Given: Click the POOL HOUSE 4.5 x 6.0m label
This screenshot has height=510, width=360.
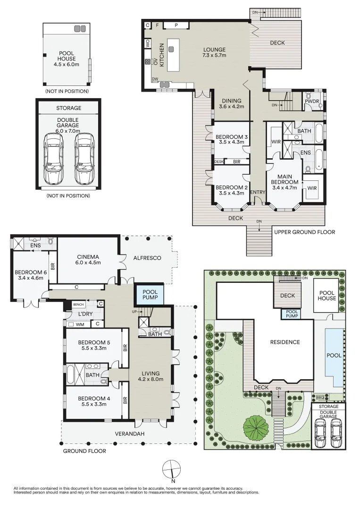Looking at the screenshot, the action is pos(66,59).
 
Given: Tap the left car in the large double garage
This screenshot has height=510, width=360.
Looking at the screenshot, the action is pos(54,160).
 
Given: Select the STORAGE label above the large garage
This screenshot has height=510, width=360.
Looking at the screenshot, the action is pos(68,108).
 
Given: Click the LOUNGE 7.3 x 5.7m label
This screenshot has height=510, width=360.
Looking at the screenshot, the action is pos(214,52).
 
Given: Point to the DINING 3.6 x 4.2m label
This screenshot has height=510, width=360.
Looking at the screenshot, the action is pos(231,103).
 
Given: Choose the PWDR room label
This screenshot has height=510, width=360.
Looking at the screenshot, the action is pos(312,102).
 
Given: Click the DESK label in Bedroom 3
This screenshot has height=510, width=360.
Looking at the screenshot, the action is pos(218,161).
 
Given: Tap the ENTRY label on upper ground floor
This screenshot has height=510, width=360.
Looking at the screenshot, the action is pos(258,192).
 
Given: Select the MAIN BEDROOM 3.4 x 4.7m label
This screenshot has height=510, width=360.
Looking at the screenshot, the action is pos(285,182).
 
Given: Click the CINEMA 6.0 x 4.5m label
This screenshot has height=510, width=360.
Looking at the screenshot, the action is pos(88,260).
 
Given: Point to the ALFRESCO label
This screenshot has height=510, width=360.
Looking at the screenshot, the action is pos(147,258).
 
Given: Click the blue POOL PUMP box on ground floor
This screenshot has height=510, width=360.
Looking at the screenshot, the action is pos(150,295).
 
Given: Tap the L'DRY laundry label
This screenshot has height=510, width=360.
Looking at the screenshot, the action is pos(85,314).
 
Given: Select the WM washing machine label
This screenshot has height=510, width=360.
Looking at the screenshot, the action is pos(80,324).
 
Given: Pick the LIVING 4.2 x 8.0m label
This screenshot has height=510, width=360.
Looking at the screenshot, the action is pos(151,376).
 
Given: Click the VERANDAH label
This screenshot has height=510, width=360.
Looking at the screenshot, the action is pos(130,433).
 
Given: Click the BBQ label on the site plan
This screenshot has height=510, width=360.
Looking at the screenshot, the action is pos(320,397).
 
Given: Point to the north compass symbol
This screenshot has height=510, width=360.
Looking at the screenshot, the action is pos(171,469).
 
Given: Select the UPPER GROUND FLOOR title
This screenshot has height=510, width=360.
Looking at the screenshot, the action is pos(304,232).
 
